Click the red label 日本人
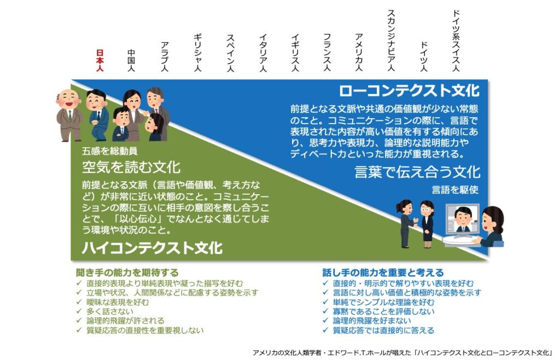pyautogui.click(x=100, y=60)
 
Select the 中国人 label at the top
pyautogui.click(x=131, y=60)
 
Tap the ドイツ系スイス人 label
pyautogui.click(x=456, y=40)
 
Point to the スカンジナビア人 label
pyautogui.click(x=391, y=40)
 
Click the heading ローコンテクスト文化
pyautogui.click(x=409, y=90)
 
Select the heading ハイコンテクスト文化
pyautogui.click(x=152, y=247)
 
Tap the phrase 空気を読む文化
pyautogui.click(x=131, y=167)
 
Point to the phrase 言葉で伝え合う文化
pyautogui.click(x=417, y=172)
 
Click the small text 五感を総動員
pyautogui.click(x=109, y=152)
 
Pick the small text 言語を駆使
pyautogui.click(x=455, y=190)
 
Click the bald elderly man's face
pyautogui.click(x=69, y=99)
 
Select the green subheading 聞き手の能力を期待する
pyautogui.click(x=127, y=273)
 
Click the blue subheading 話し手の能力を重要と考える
pyautogui.click(x=383, y=273)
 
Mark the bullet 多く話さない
pyautogui.click(x=109, y=311)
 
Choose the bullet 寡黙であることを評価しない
pyautogui.click(x=383, y=311)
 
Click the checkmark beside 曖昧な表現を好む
pyautogui.click(x=79, y=302)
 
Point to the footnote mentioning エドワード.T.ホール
pyautogui.click(x=402, y=353)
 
